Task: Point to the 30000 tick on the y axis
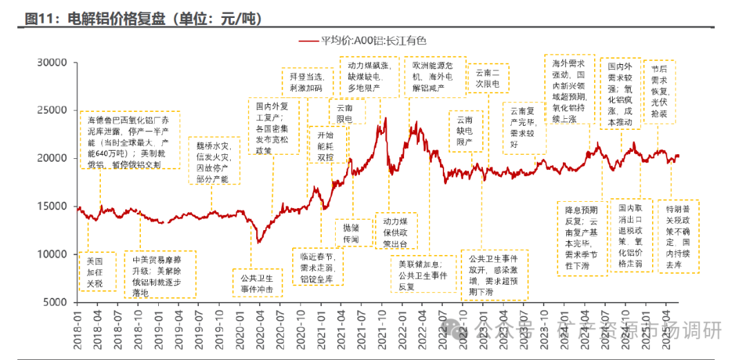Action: click(52, 62)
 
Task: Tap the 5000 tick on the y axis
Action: click(55, 302)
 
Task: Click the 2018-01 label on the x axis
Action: click(78, 323)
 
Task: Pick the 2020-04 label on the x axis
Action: click(258, 323)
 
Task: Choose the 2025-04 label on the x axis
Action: click(667, 323)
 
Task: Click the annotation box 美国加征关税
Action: click(97, 272)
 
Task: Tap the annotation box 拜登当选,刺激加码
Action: click(306, 82)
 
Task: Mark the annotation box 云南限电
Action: click(344, 113)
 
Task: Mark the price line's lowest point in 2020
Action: click(258, 242)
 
